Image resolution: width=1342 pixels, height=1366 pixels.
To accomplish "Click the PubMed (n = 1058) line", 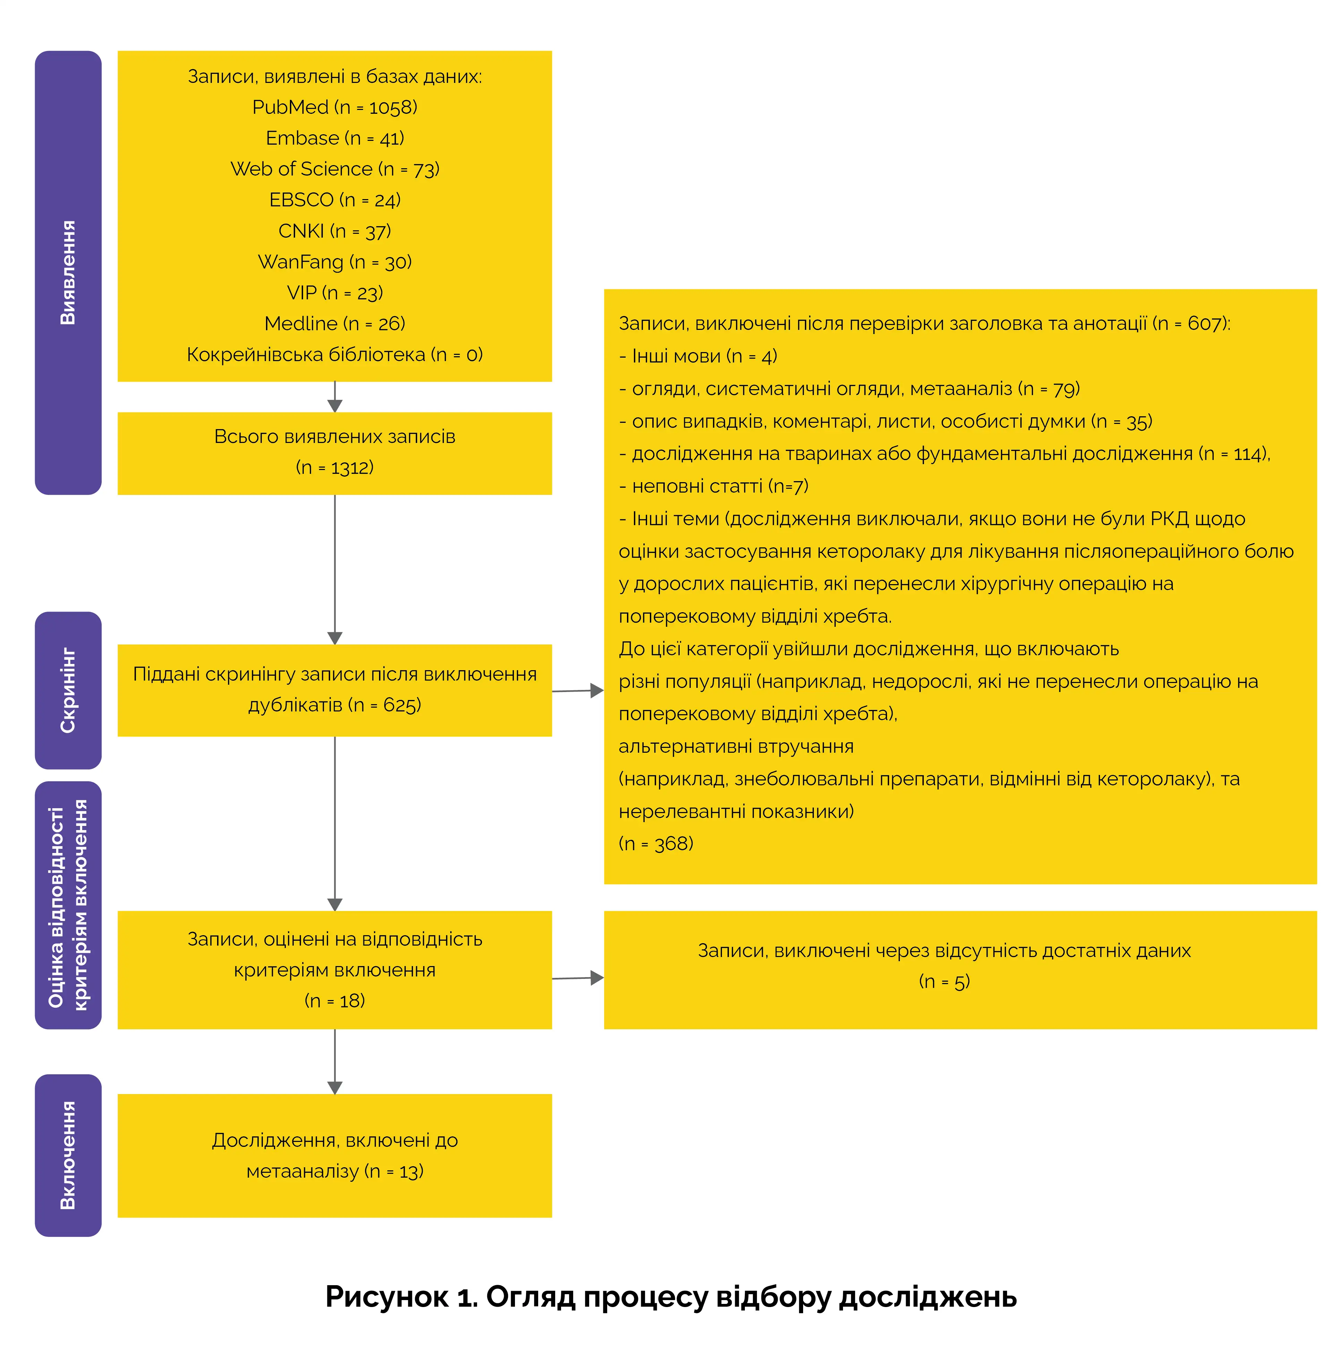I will (335, 107).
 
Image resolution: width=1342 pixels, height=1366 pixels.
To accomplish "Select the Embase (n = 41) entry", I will (335, 138).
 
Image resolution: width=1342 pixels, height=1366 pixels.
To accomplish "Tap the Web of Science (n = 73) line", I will (335, 169).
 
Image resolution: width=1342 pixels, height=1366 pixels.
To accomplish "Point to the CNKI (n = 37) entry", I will (335, 231).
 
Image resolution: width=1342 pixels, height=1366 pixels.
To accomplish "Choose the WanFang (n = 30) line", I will (335, 262).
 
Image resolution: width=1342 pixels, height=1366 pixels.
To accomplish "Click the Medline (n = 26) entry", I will (335, 324).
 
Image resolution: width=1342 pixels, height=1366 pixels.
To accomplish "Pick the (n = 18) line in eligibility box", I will (335, 1001).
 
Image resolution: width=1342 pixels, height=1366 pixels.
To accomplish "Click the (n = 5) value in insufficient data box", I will (945, 982).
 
